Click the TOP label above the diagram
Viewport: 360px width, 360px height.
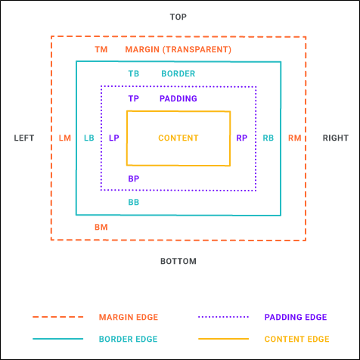(x=178, y=17)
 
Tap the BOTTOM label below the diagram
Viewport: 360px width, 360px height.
(x=178, y=261)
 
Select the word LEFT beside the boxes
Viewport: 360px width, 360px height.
(x=24, y=138)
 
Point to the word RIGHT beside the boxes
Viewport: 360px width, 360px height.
(x=336, y=138)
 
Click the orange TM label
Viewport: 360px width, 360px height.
(x=101, y=49)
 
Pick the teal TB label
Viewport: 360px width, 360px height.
(x=134, y=73)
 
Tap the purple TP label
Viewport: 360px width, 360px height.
(x=134, y=98)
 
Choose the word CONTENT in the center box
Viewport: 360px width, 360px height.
(x=178, y=138)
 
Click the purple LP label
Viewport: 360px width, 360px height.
(x=114, y=138)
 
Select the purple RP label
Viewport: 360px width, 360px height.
(x=242, y=138)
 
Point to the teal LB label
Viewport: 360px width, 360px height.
(x=89, y=138)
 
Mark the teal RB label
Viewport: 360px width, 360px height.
(x=268, y=138)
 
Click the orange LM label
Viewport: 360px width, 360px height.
(x=65, y=138)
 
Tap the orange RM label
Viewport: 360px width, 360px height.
(x=295, y=138)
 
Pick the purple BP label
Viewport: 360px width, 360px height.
(x=134, y=178)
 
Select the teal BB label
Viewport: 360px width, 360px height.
(x=134, y=202)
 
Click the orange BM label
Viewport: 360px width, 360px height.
(x=101, y=227)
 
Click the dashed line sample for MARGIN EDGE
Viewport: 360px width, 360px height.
(x=57, y=317)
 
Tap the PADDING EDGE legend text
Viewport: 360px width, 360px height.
(x=296, y=317)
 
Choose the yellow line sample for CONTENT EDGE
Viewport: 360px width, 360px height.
(x=223, y=339)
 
